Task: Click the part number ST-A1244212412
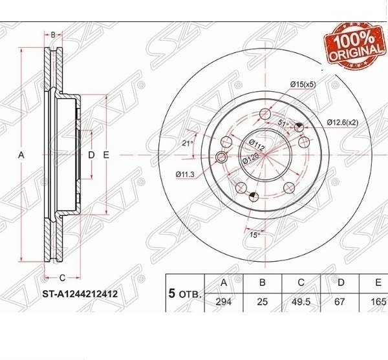coord(80,294)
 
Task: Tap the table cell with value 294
coord(224,302)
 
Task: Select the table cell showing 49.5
coord(301,302)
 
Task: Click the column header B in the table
coord(263,282)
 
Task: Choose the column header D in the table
coord(341,282)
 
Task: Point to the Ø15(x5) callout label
coord(303,85)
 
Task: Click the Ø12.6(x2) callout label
coord(343,122)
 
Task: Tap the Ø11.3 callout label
coord(185,175)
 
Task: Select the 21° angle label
coord(188,143)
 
